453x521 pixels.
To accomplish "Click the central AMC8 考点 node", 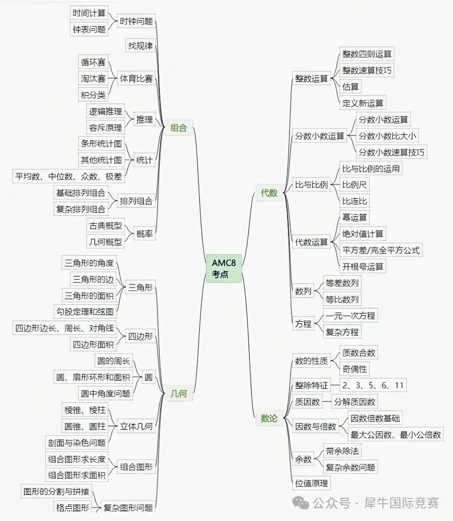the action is [224, 268].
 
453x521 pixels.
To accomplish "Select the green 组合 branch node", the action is [179, 128].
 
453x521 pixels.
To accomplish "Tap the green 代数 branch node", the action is [269, 193].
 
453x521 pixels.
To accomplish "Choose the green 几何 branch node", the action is [179, 393].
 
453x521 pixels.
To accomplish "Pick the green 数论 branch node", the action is [269, 418].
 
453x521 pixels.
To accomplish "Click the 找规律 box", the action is [141, 46].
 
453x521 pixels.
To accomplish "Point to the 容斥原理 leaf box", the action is [105, 128].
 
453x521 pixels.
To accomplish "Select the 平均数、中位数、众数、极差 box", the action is [68, 176].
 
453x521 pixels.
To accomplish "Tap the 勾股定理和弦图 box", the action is [85, 311].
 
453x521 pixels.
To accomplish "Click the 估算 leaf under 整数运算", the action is [350, 86].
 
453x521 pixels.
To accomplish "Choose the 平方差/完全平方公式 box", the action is [381, 250].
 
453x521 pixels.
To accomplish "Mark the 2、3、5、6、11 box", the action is [373, 385].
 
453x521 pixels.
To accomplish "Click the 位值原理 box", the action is [311, 483].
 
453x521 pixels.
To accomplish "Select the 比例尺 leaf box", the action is [354, 185].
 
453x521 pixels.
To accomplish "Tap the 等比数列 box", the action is [342, 299].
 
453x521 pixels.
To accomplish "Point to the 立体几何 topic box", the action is [136, 426].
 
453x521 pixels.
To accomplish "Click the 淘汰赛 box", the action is [93, 78].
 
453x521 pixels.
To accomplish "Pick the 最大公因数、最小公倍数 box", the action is [396, 434].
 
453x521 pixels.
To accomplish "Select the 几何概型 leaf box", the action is [105, 241].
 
